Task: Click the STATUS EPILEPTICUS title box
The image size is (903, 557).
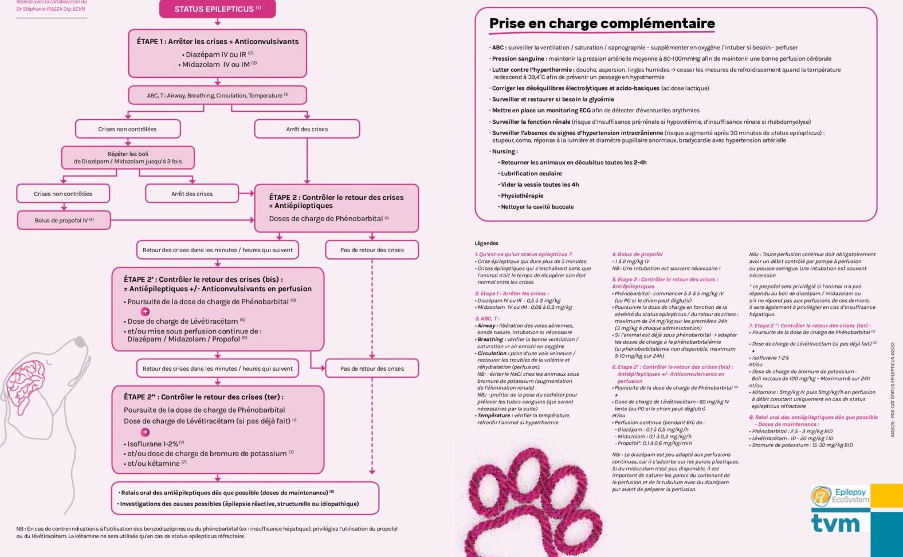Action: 217,9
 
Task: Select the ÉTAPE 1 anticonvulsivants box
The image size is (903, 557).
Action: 217,53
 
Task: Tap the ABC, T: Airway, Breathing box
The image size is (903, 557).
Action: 217,95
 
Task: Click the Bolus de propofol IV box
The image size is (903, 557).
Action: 64,220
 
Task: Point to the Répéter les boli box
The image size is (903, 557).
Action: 128,158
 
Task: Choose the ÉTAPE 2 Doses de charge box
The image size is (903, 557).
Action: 336,207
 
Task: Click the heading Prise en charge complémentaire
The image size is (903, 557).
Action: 602,23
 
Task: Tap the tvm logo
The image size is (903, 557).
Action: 835,523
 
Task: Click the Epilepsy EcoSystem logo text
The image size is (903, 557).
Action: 850,496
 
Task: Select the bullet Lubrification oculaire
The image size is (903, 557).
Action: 531,174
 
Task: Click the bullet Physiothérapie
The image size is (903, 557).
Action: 522,196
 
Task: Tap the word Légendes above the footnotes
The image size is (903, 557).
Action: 486,243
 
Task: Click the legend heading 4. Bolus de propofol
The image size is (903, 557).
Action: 637,254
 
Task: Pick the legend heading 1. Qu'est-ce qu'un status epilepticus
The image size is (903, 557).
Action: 523,254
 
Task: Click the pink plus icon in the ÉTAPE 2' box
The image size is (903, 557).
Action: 146,311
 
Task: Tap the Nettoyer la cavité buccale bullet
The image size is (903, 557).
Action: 537,207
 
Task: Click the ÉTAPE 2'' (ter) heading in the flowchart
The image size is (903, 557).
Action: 203,397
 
